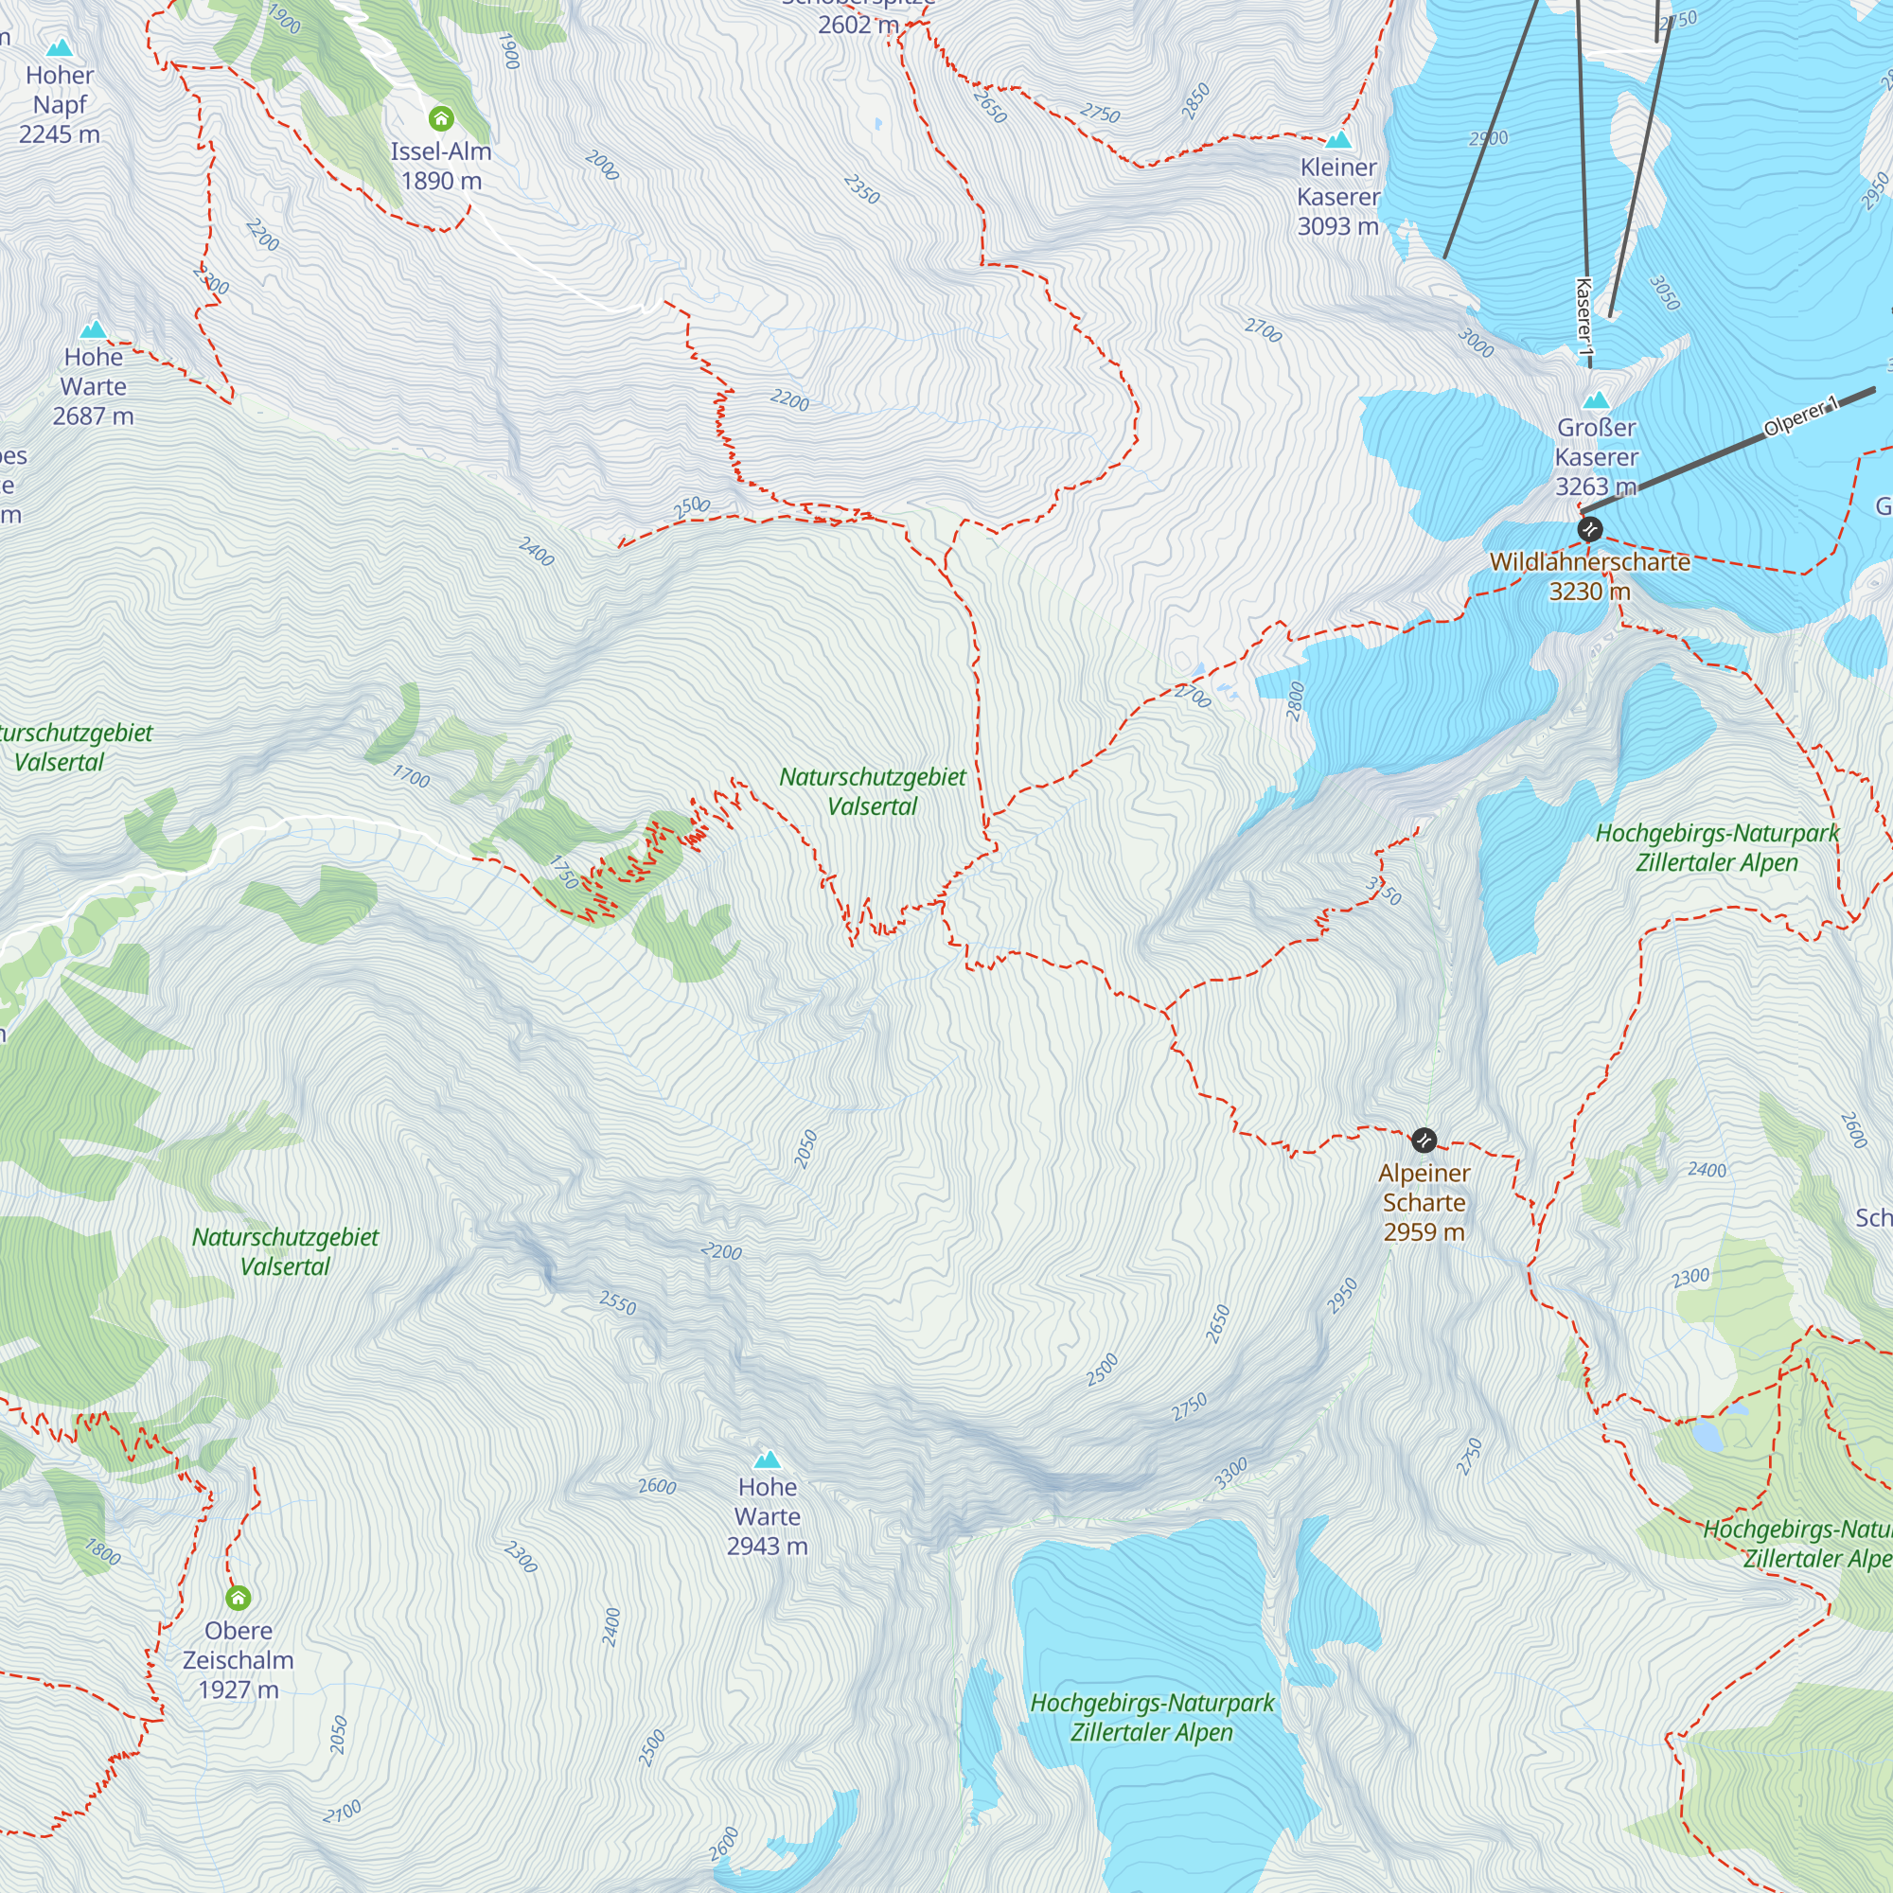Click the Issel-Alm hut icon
pyautogui.click(x=441, y=118)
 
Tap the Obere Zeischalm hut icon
pyautogui.click(x=239, y=1598)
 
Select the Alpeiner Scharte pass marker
pyautogui.click(x=1424, y=1140)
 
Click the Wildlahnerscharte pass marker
pyautogui.click(x=1589, y=529)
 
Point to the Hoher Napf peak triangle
pyautogui.click(x=60, y=48)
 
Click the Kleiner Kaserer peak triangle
pyautogui.click(x=1338, y=139)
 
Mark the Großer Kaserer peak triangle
pyautogui.click(x=1596, y=399)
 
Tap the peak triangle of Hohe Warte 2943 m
pyautogui.click(x=768, y=1460)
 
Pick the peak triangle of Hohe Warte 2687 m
pyautogui.click(x=93, y=329)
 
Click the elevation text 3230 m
pyautogui.click(x=1589, y=592)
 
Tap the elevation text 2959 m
pyautogui.click(x=1424, y=1232)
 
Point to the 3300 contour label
pyautogui.click(x=1230, y=1473)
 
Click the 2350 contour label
pyautogui.click(x=862, y=189)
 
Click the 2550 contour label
pyautogui.click(x=617, y=1303)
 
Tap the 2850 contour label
pyautogui.click(x=1195, y=102)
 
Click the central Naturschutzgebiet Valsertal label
pyautogui.click(x=872, y=791)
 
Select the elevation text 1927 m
pyautogui.click(x=239, y=1690)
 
